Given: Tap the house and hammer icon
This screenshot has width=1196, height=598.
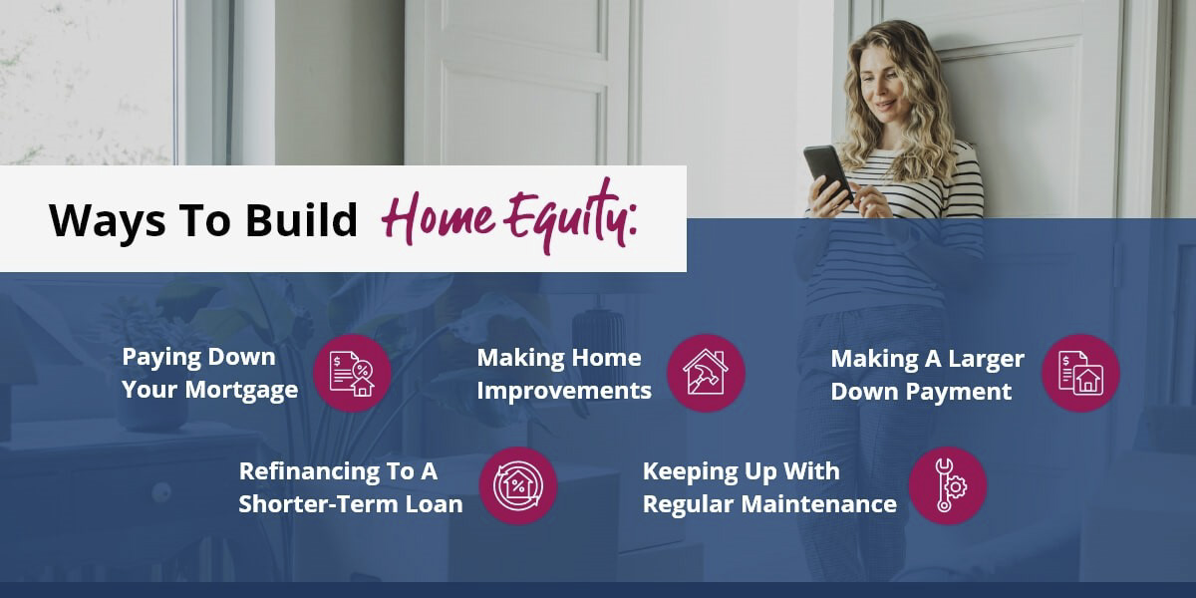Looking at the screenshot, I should (706, 373).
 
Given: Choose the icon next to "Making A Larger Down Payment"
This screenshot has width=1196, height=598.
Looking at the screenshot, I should (1080, 373).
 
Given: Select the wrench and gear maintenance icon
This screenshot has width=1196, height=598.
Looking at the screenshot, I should (947, 485).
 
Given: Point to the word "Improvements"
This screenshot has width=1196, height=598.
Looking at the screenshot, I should (564, 390).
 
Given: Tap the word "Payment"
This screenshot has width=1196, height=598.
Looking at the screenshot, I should (962, 391).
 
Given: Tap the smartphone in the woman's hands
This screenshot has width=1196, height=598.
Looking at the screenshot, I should (826, 171).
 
